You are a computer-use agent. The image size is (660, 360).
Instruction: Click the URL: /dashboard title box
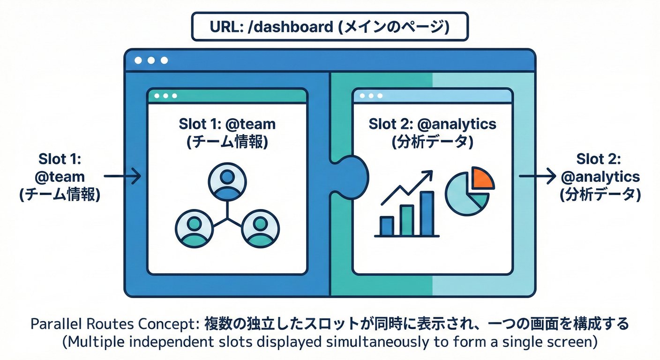[330, 27]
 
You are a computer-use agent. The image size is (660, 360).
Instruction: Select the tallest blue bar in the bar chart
[427, 213]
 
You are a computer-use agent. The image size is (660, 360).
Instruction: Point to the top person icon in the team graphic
[227, 183]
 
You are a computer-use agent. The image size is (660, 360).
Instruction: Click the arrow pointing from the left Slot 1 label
[122, 176]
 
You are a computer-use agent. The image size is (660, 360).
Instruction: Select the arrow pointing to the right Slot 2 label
[537, 176]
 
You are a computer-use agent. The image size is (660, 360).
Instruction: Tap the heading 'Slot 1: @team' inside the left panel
[227, 124]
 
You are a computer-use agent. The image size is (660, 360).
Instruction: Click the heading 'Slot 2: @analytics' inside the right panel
[432, 124]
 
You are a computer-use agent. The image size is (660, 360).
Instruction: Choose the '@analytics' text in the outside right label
[600, 177]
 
